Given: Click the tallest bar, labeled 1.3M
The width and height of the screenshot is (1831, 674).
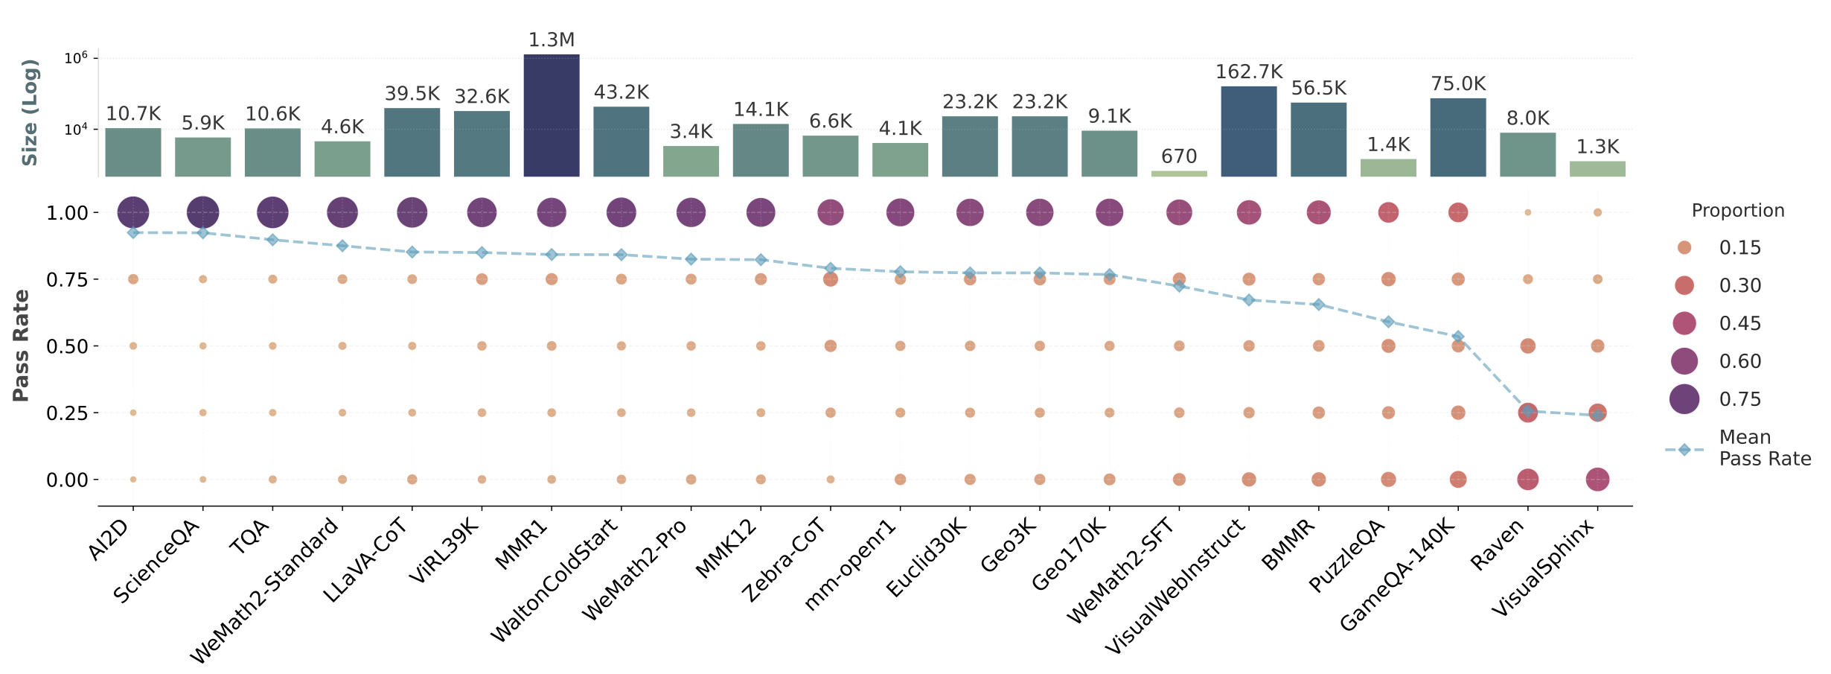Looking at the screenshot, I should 551,115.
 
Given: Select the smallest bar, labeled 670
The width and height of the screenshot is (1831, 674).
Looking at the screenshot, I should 1179,174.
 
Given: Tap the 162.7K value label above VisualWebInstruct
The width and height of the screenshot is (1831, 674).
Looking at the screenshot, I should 1249,72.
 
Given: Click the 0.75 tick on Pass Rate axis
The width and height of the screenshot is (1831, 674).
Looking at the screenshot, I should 67,280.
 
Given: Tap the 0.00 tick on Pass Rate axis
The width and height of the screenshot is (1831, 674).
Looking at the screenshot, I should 67,480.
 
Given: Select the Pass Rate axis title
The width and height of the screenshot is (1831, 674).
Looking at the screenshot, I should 21,346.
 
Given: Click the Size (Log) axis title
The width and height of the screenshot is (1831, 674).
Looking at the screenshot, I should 29,112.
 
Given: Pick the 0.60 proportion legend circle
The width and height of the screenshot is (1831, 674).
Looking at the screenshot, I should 1684,361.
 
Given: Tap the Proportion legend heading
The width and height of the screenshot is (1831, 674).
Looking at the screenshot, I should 1737,211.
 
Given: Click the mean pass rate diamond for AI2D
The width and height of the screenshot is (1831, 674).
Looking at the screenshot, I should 133,233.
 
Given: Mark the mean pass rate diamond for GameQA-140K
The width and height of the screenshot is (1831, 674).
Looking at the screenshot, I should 1458,337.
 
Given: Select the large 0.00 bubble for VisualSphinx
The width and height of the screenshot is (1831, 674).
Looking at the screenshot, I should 1597,480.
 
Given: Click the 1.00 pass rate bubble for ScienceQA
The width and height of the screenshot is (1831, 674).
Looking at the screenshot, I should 202,212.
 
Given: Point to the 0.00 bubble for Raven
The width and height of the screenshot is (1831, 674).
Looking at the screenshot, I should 1527,480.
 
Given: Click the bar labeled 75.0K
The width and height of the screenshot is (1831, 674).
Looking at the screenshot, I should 1457,138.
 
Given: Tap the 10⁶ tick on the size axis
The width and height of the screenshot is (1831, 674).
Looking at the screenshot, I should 76,58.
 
